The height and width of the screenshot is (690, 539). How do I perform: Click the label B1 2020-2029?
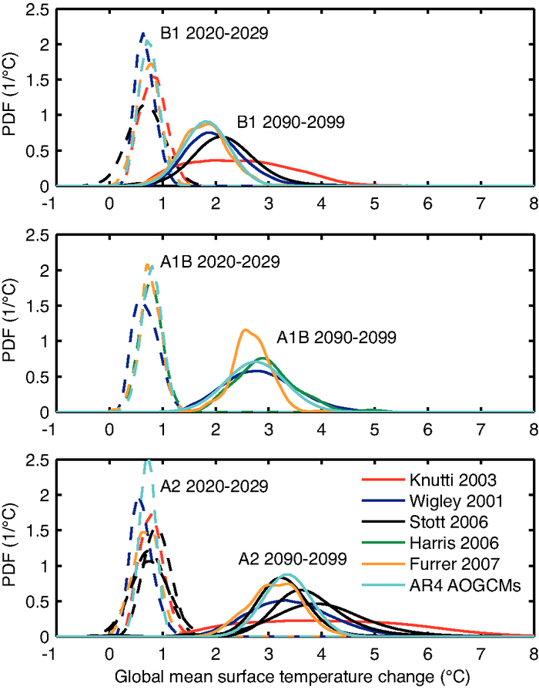click(x=208, y=34)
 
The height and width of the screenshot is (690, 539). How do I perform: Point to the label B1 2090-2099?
click(x=290, y=121)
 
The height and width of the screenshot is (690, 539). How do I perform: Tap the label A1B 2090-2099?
click(x=336, y=337)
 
